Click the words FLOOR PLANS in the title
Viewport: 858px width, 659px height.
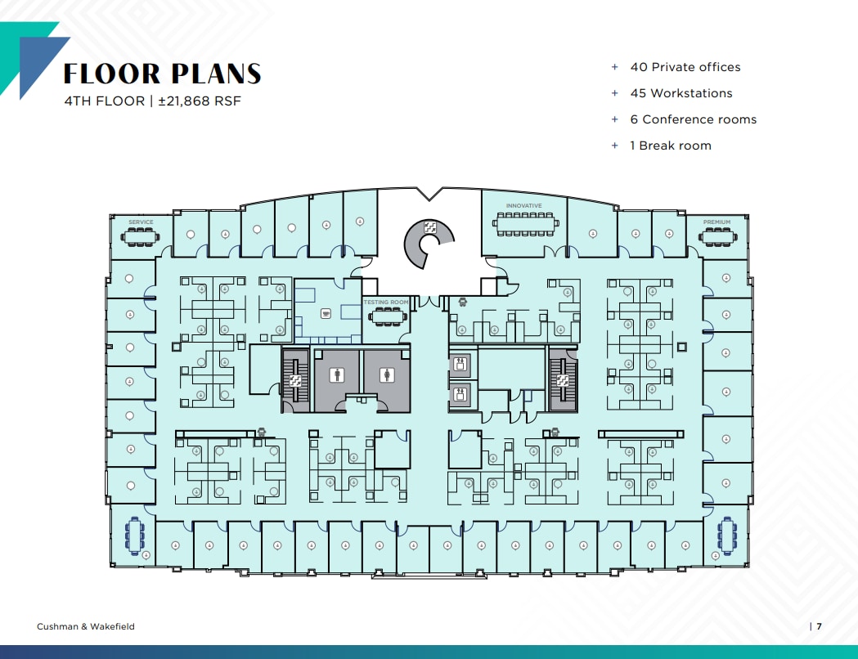(162, 74)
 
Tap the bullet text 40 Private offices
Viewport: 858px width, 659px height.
(685, 67)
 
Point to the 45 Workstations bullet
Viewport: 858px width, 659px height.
(681, 93)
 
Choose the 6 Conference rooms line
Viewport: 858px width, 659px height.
(693, 119)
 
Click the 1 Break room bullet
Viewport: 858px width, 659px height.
(670, 146)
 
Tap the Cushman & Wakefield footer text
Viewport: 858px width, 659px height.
(86, 626)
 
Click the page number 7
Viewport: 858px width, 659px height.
(818, 626)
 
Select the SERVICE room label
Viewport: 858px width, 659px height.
(141, 222)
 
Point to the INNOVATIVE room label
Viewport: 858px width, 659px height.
(523, 206)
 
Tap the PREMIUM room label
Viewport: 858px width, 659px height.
(716, 222)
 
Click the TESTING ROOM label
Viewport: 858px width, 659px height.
(386, 303)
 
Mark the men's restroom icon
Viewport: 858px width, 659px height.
(337, 375)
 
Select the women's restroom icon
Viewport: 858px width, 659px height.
(387, 375)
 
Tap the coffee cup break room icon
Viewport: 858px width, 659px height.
(327, 312)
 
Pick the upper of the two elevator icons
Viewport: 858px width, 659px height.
(460, 365)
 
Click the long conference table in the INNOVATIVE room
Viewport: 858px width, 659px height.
(525, 222)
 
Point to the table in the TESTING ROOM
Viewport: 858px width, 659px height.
(386, 314)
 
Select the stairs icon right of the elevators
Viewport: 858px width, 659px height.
(562, 380)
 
